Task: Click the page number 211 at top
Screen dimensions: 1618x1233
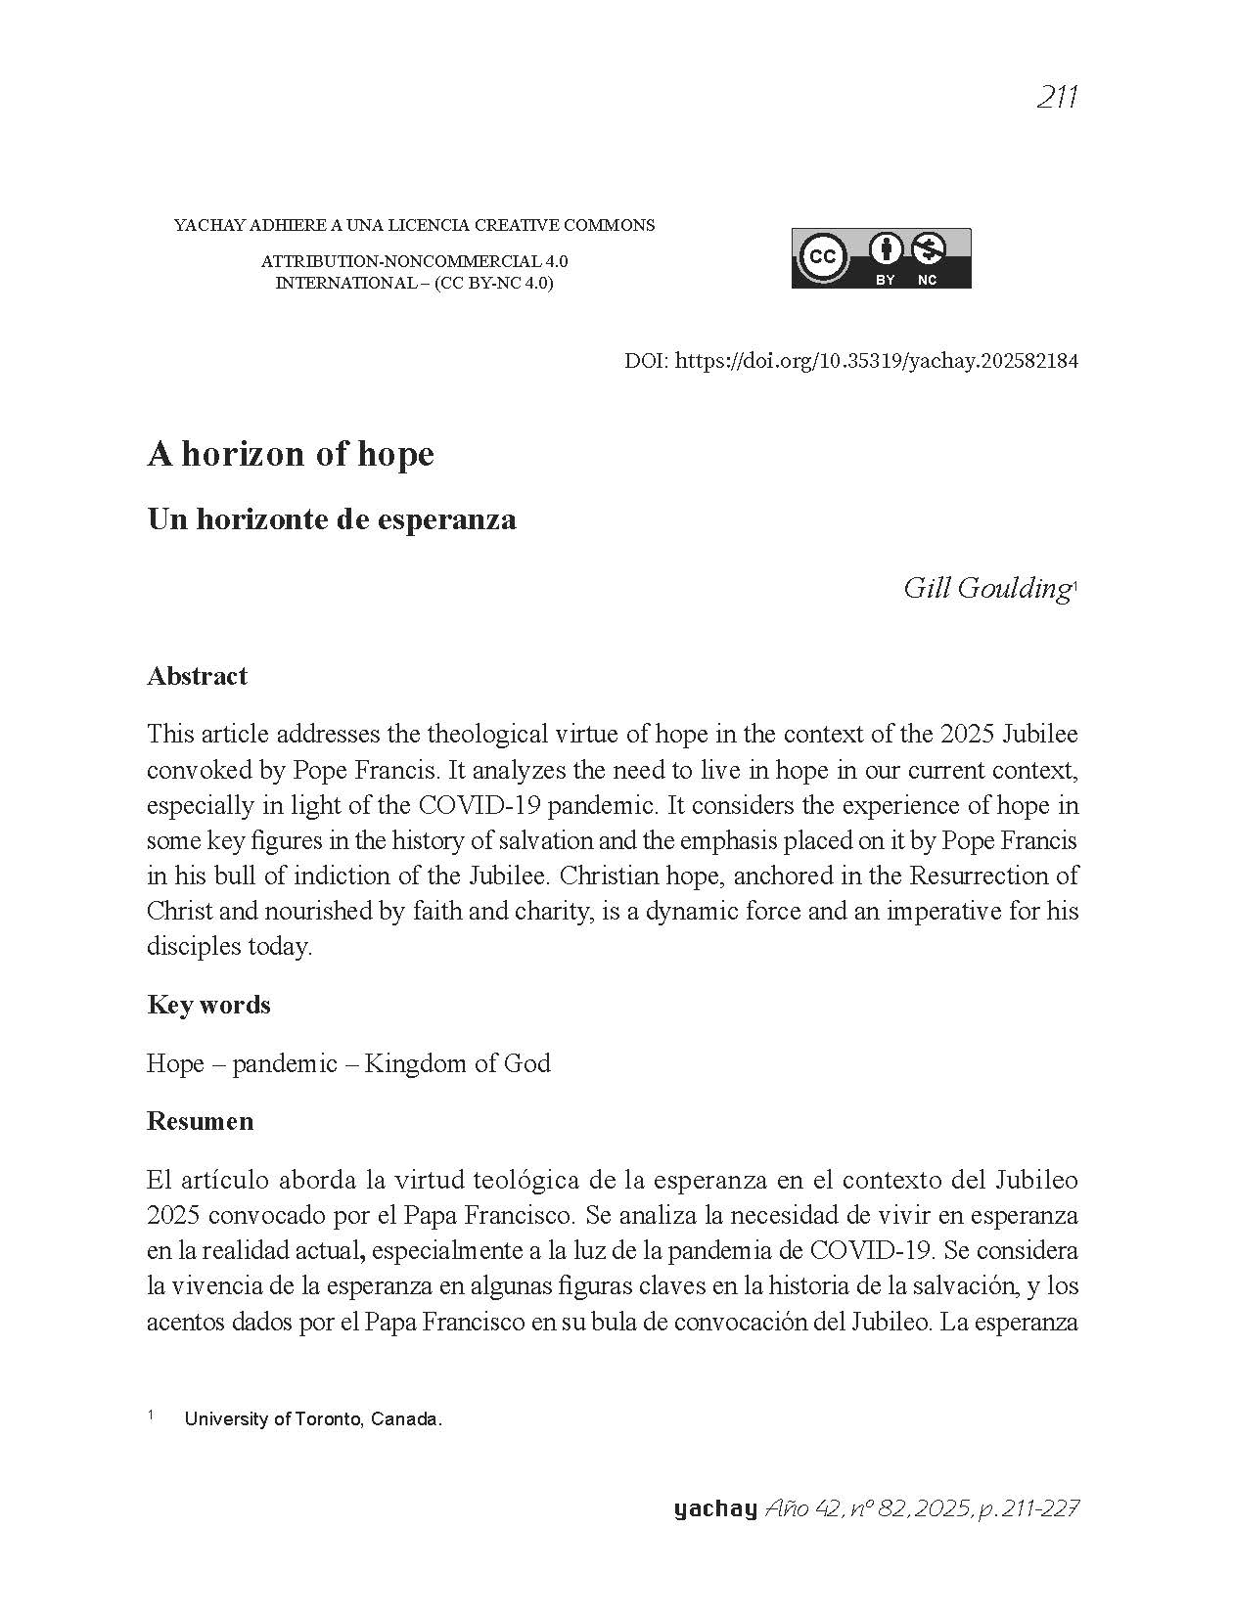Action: click(1056, 98)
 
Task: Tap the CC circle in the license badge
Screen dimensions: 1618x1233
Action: click(823, 257)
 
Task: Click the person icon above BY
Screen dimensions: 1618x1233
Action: click(886, 249)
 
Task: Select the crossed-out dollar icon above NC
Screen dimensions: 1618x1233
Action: click(927, 249)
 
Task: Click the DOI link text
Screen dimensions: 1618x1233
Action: click(877, 361)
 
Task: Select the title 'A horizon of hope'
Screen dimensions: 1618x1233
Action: click(290, 455)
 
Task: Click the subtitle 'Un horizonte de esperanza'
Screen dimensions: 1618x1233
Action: click(331, 519)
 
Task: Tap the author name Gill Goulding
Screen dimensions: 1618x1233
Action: click(985, 588)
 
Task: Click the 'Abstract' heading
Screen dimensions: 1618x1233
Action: click(197, 676)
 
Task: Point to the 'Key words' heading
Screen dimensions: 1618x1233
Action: click(208, 1005)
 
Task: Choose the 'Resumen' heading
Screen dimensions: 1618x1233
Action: click(200, 1121)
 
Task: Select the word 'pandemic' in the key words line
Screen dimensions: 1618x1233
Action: click(285, 1063)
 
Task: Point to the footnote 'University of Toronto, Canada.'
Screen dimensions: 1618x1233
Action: click(313, 1419)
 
